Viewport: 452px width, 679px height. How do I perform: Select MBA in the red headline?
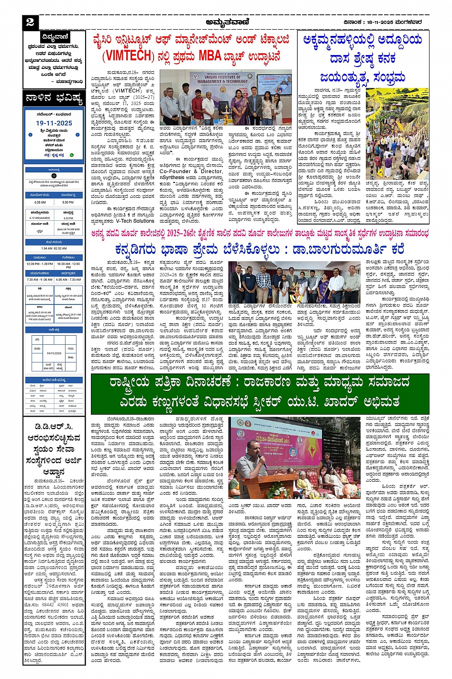click(212, 56)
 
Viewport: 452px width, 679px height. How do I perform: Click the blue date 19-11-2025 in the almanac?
click(54, 123)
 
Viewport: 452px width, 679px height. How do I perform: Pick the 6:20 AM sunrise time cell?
click(40, 203)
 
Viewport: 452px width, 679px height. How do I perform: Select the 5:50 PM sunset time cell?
click(68, 203)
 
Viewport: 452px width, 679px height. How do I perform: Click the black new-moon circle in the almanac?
click(54, 176)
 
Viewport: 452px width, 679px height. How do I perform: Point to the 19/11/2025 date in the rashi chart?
click(54, 353)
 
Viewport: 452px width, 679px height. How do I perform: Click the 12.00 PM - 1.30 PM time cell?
click(40, 264)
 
